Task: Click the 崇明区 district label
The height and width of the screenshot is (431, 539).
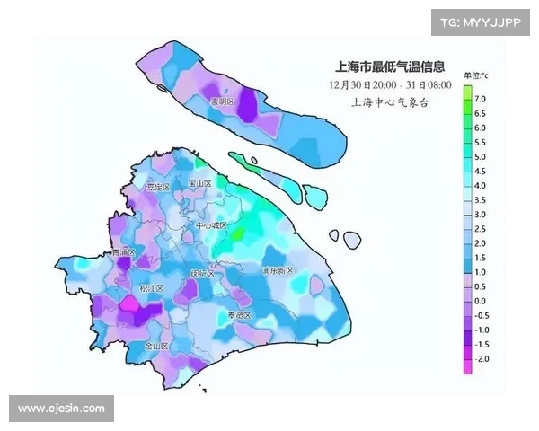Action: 221,102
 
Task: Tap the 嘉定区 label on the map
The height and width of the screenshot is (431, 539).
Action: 158,187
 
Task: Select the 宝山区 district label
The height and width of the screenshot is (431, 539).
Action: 199,183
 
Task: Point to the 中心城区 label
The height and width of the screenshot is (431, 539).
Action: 212,226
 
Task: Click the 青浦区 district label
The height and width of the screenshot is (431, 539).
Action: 122,253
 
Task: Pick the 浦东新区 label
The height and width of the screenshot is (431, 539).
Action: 278,270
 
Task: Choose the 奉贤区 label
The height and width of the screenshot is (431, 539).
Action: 238,316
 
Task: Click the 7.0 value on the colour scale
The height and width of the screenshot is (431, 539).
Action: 481,99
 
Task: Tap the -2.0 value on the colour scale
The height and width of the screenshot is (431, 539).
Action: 481,358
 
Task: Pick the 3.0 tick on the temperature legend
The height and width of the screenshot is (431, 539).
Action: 481,215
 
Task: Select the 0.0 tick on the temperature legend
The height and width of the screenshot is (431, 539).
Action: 481,301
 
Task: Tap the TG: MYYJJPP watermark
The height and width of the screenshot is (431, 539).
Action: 481,22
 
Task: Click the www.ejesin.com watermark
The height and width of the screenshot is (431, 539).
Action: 61,409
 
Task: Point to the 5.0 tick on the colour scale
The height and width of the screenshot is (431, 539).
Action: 481,156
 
